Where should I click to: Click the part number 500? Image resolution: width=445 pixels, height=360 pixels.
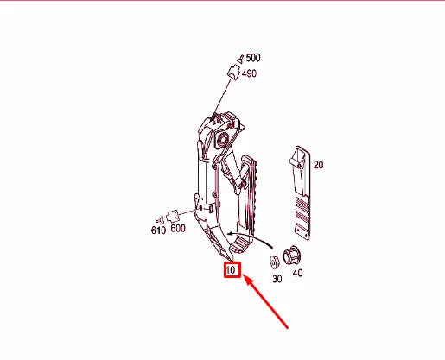click(x=253, y=59)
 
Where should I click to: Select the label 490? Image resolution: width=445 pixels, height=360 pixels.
click(x=250, y=73)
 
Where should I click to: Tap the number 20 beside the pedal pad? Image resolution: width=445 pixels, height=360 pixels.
click(x=318, y=165)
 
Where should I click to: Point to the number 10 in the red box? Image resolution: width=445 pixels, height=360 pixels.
click(x=231, y=271)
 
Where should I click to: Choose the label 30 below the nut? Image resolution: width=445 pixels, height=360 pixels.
click(x=277, y=279)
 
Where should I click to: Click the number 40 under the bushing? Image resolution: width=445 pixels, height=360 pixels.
click(x=298, y=274)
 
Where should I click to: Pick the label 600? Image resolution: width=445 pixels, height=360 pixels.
click(x=177, y=229)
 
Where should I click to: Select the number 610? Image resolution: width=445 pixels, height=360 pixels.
click(x=158, y=231)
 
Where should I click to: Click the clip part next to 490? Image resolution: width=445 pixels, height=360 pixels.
click(x=232, y=71)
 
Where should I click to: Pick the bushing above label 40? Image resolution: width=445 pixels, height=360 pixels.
click(x=289, y=256)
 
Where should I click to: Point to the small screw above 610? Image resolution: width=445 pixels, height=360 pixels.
click(x=157, y=218)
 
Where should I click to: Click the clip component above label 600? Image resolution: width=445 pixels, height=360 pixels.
click(x=173, y=213)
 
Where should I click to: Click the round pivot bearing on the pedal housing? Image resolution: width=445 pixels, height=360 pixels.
click(x=228, y=139)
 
